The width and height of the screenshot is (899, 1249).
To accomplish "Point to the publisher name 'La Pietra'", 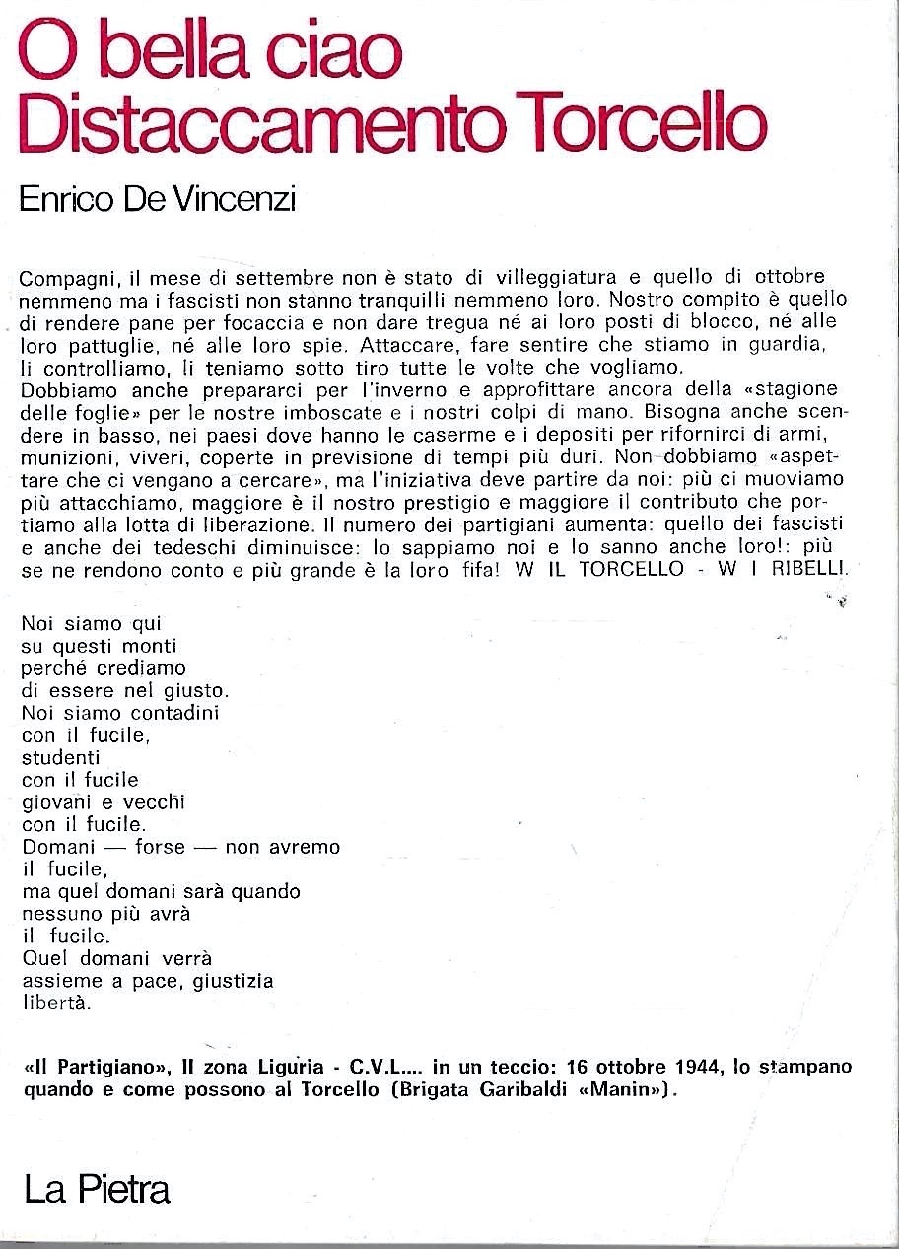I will pos(97,1190).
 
